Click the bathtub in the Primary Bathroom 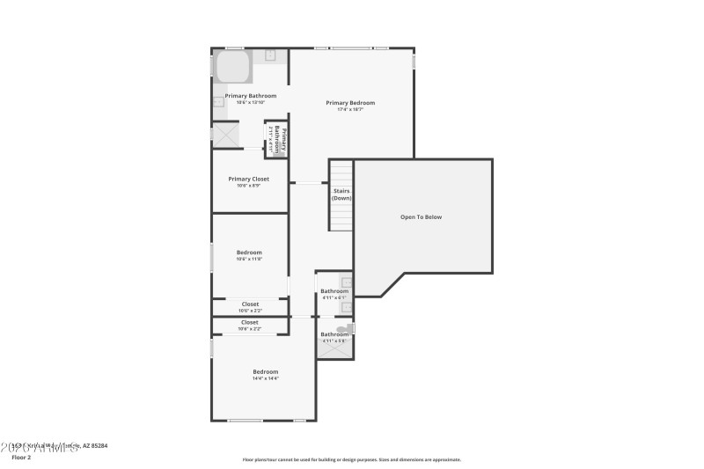[x=233, y=67]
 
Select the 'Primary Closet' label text [x=249, y=179]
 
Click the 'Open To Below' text [x=421, y=216]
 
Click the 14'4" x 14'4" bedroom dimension [x=266, y=378]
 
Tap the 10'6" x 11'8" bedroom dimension [x=249, y=260]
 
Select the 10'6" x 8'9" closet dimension [x=249, y=186]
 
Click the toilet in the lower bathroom [x=341, y=330]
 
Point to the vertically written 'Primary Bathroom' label [x=275, y=141]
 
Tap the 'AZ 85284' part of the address [x=95, y=446]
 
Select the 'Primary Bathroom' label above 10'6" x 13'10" [x=251, y=96]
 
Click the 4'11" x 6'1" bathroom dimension [x=334, y=298]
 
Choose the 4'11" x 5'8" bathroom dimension [x=334, y=341]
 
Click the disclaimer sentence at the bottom [x=351, y=459]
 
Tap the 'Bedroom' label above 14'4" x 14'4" [x=266, y=371]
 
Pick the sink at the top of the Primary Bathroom [x=271, y=55]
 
